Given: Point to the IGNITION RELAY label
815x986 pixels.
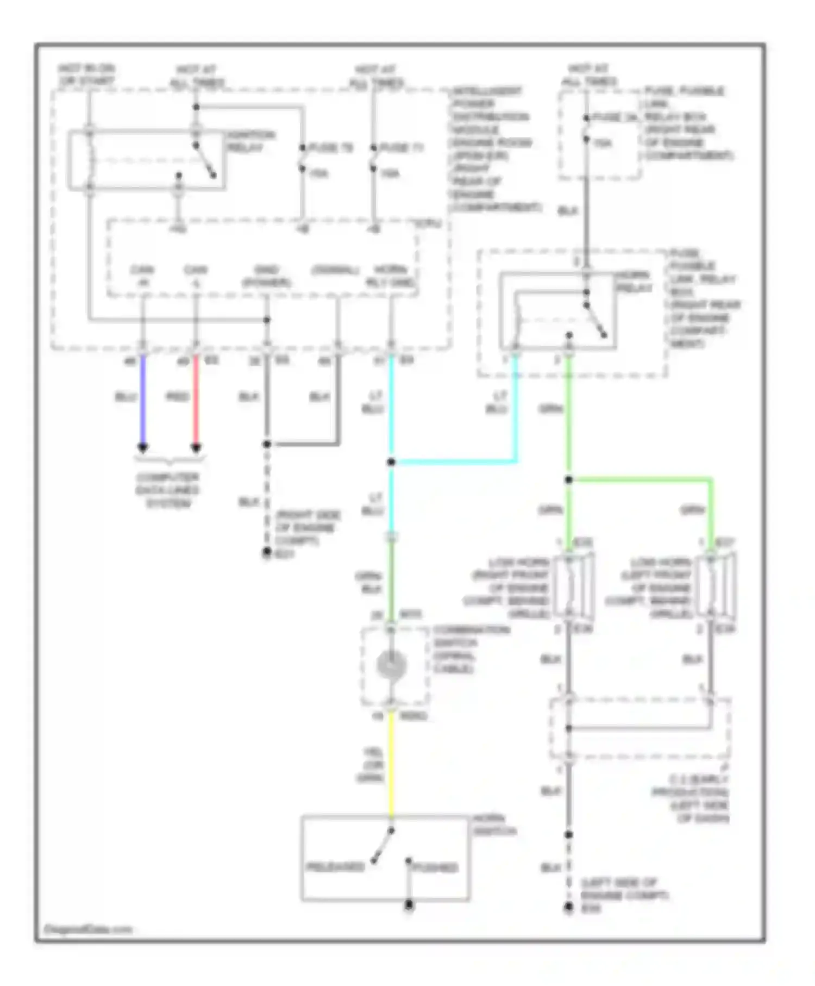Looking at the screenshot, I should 250,141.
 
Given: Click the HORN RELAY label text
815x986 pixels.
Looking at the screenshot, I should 634,282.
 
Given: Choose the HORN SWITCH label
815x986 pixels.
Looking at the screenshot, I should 494,825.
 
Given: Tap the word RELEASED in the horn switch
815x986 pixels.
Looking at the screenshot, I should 335,867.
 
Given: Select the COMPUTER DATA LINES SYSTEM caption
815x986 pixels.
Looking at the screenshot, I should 168,490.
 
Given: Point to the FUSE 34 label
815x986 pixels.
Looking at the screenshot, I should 614,117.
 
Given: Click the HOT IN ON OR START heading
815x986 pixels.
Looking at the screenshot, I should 87,75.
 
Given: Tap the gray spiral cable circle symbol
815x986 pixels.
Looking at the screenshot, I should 391,665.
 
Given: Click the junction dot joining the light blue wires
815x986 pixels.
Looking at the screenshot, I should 391,463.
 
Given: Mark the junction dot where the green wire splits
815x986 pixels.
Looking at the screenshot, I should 569,479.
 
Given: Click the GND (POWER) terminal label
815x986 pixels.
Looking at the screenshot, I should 266,276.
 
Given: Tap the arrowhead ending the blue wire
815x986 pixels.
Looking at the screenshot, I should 143,448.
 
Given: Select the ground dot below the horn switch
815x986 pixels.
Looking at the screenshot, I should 409,905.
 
